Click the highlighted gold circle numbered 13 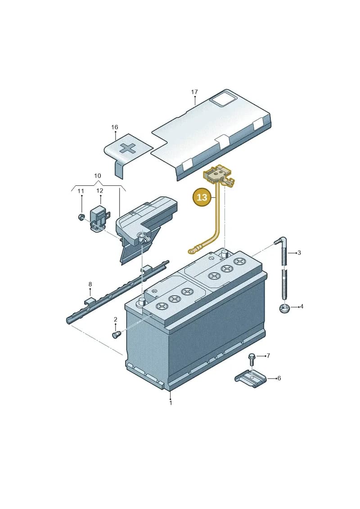coord(202,198)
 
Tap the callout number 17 coord(194,92)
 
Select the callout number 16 coord(115,127)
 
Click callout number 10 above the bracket coord(97,176)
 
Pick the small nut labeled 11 coord(81,216)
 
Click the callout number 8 coord(90,285)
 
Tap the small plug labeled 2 coord(116,334)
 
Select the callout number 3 coord(299,252)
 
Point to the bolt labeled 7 coord(251,359)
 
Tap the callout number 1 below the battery coord(171,403)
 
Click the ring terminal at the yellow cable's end coord(192,250)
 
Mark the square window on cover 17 coord(222,98)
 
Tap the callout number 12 coord(99,191)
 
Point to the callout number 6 coord(279,378)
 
